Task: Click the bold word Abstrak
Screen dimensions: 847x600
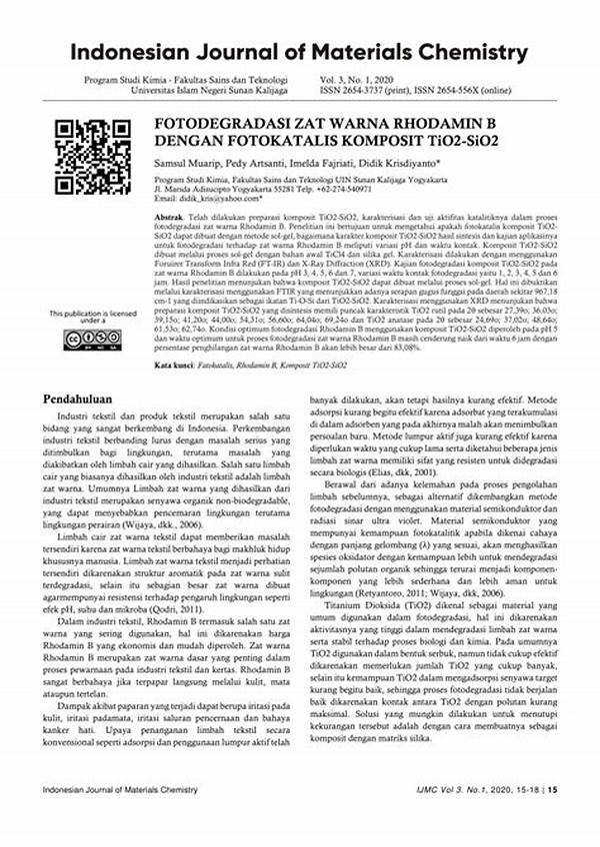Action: click(168, 217)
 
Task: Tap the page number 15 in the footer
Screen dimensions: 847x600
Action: click(552, 817)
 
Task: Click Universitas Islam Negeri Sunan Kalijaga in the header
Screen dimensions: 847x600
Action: click(200, 89)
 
